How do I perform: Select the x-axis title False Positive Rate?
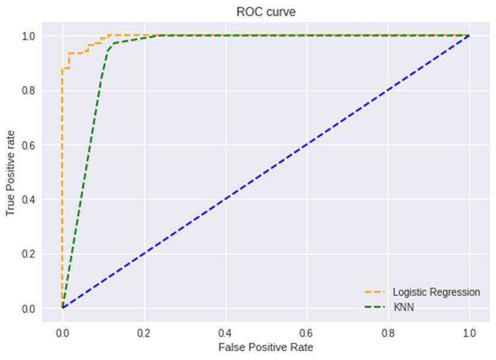(266, 347)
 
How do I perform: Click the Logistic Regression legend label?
(437, 292)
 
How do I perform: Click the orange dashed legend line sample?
(375, 292)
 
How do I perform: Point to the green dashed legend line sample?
(375, 307)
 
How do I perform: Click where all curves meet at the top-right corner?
(469, 36)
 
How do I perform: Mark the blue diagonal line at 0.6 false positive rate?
(306, 145)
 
